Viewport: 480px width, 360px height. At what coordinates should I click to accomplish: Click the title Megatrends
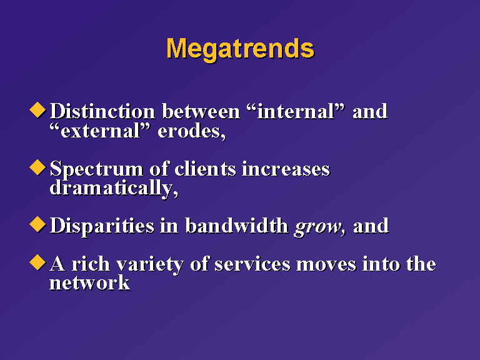(240, 49)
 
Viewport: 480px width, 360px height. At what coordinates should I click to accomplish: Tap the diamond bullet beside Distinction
(37, 110)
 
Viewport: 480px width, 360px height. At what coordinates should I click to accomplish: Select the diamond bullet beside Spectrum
(37, 167)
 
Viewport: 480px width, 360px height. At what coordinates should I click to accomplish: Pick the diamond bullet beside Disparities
(37, 224)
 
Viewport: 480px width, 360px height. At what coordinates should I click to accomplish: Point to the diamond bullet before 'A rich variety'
(37, 262)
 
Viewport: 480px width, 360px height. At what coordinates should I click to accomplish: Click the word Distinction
(102, 111)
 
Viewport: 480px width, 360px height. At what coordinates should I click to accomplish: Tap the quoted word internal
(296, 111)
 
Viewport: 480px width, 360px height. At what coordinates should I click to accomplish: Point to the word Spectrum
(97, 169)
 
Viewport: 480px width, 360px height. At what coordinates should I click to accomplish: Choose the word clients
(206, 169)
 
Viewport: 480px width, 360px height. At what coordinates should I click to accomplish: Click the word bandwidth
(237, 226)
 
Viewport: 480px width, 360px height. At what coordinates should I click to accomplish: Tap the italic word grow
(317, 227)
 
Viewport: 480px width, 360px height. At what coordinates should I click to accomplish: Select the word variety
(150, 264)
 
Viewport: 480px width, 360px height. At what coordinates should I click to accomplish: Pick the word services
(252, 264)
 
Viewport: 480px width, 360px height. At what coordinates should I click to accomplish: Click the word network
(90, 282)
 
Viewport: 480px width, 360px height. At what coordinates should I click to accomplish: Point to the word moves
(326, 265)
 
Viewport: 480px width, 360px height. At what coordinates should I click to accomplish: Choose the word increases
(286, 169)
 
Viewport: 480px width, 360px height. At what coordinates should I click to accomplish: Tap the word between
(201, 111)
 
